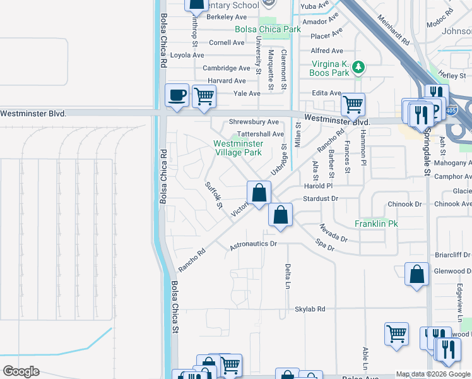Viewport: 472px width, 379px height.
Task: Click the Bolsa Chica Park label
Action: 268,29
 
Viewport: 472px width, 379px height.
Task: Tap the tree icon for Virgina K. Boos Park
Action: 358,66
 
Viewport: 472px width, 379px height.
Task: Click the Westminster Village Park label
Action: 238,148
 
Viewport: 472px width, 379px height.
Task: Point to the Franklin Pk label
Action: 374,224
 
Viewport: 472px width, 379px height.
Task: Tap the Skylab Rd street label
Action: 310,309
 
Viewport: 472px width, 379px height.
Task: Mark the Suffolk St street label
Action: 215,195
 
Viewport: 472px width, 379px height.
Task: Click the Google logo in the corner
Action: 21,371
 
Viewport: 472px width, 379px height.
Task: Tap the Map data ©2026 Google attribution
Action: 433,374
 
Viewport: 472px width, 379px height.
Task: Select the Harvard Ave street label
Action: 227,81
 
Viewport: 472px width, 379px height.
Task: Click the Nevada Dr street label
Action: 333,233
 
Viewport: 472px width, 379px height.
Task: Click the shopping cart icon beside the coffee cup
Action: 204,97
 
